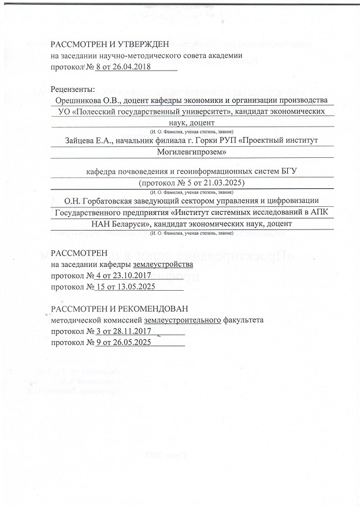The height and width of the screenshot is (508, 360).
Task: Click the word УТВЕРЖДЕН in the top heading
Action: click(x=140, y=45)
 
